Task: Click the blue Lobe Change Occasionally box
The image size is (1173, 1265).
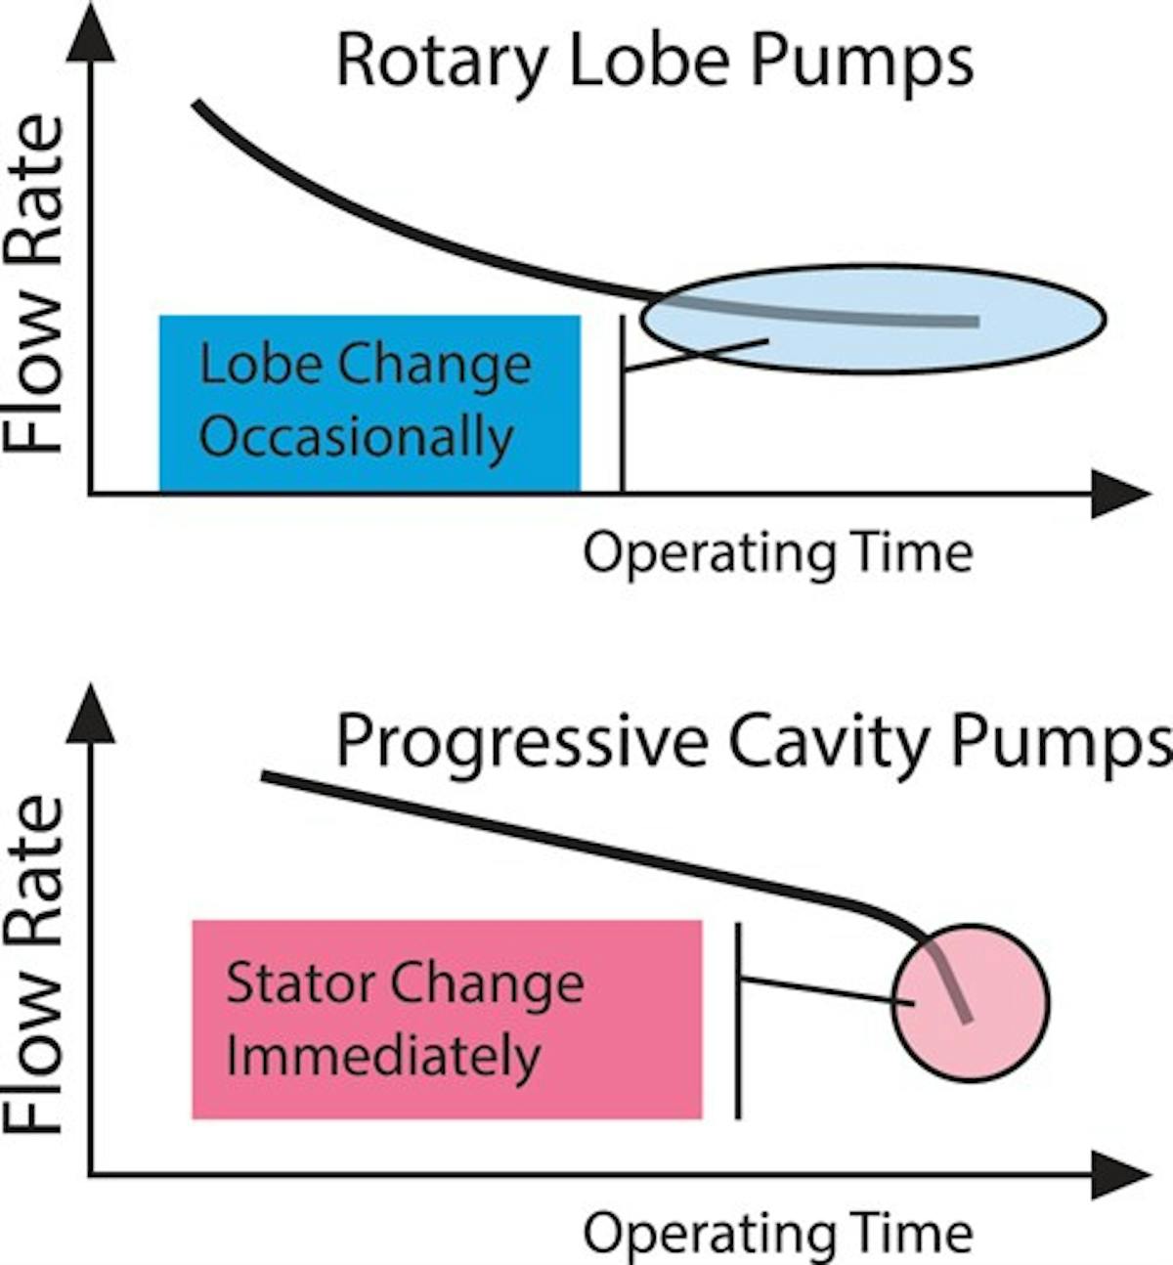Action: tap(369, 403)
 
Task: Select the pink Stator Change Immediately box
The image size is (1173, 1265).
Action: tap(447, 1019)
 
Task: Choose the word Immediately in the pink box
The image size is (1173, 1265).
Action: tap(382, 1057)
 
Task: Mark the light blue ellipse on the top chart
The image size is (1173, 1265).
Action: tap(873, 318)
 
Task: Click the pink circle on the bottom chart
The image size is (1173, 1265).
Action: tap(970, 1002)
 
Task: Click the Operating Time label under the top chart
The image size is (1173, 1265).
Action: tap(777, 553)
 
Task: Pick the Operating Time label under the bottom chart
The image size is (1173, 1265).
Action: tap(777, 1234)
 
